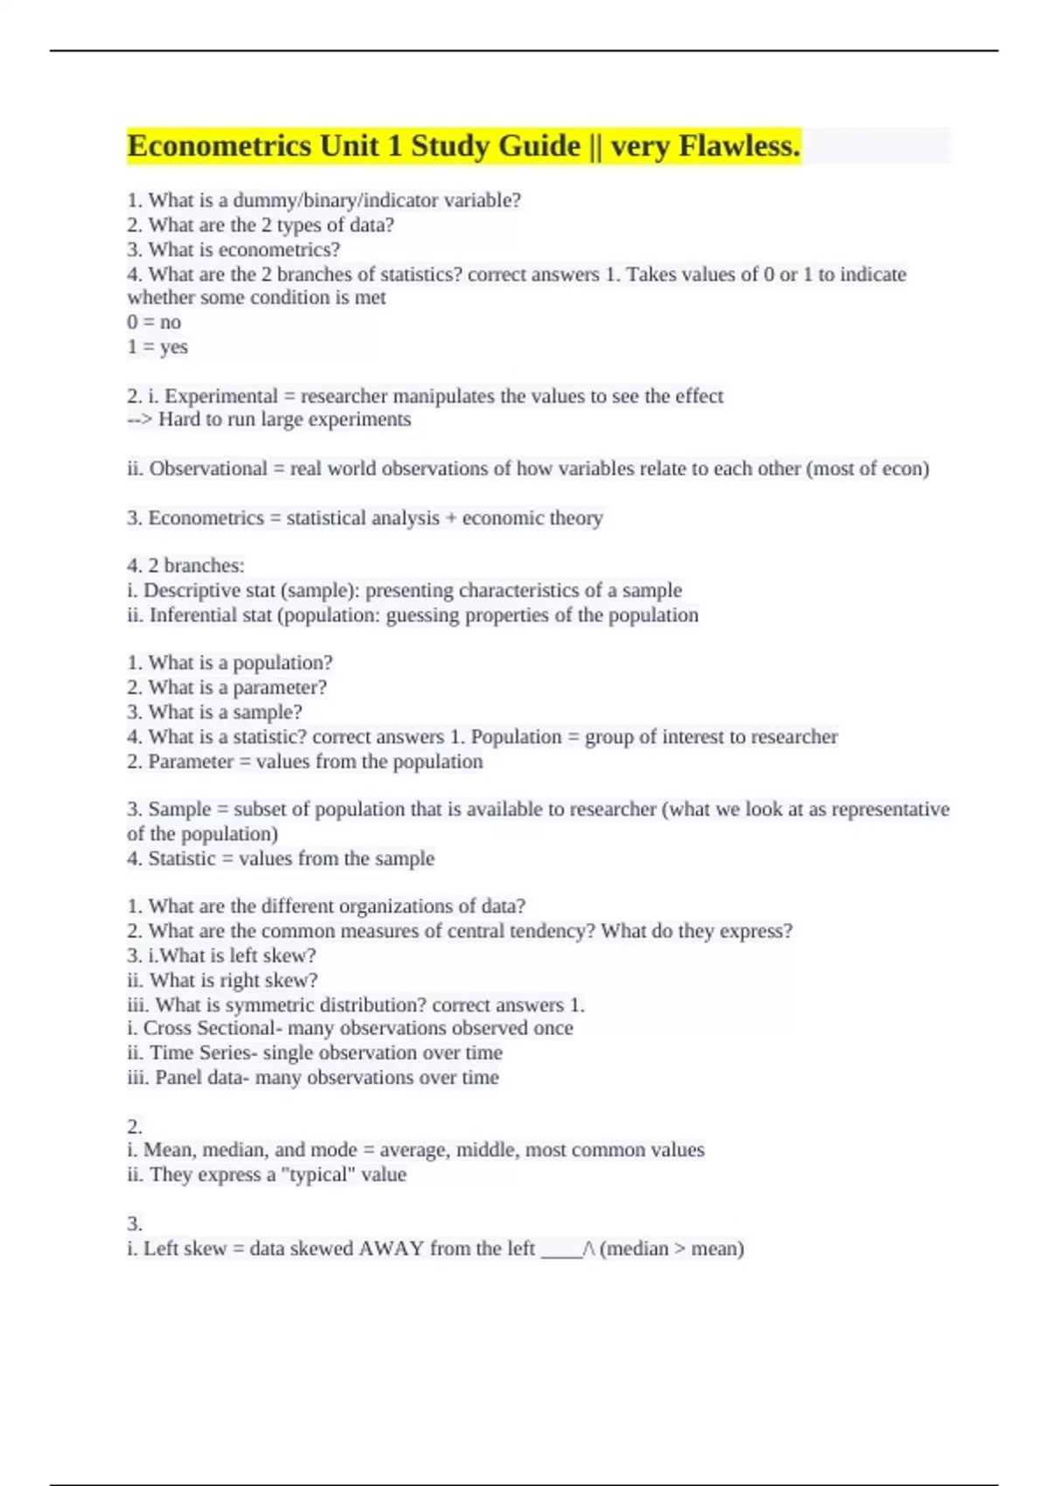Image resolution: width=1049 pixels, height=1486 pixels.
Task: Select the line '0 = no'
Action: tap(154, 322)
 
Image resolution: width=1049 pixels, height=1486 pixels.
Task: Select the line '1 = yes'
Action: tap(157, 347)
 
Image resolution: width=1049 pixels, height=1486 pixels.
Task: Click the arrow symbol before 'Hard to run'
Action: tap(140, 420)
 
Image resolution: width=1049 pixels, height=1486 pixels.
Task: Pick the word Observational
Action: tap(208, 469)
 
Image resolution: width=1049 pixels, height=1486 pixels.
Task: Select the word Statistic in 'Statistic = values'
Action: tap(181, 858)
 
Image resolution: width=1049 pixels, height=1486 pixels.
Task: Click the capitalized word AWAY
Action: tap(391, 1248)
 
